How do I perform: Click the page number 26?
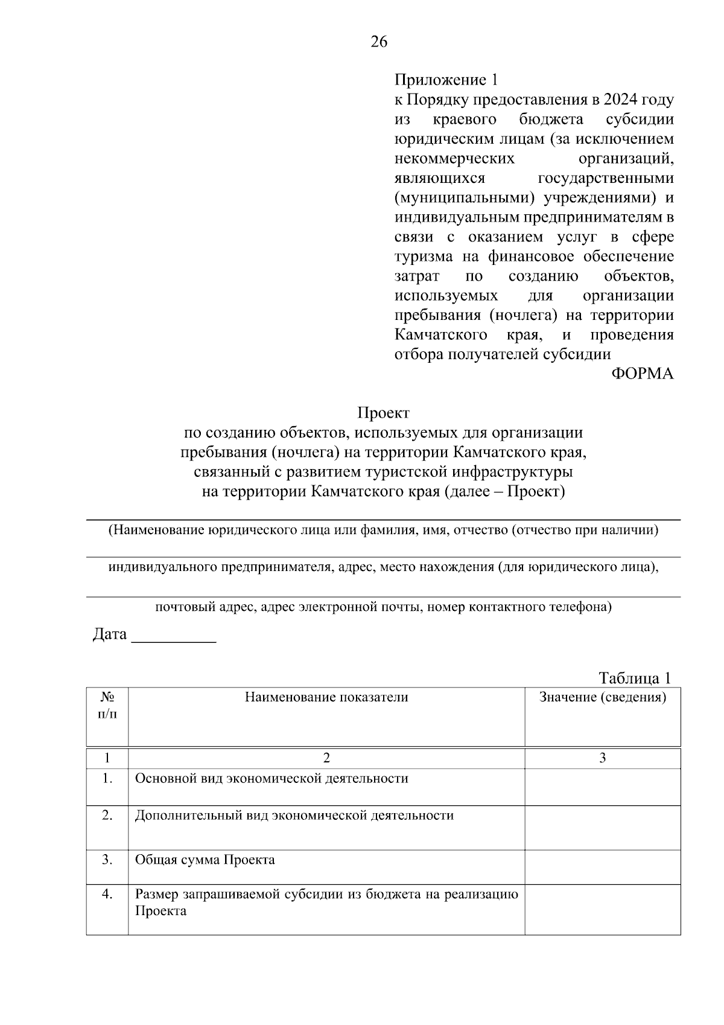click(x=379, y=42)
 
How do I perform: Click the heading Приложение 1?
click(x=446, y=80)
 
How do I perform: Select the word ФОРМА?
click(x=643, y=374)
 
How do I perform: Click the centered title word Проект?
click(x=383, y=414)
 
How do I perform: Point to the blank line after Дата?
click(x=174, y=639)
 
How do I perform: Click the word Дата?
click(x=110, y=634)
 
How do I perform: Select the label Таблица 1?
click(x=635, y=678)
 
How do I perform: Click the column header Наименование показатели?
click(x=326, y=697)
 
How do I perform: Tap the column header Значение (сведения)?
click(x=602, y=697)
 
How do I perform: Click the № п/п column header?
click(x=107, y=706)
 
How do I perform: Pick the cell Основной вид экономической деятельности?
click(x=271, y=779)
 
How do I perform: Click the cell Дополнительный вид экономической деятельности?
click(x=294, y=816)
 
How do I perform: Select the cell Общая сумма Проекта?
click(x=205, y=860)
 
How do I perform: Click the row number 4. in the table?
click(x=107, y=895)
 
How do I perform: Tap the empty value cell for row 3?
click(x=602, y=867)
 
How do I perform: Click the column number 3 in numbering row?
click(x=602, y=758)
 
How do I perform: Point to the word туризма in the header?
click(x=424, y=257)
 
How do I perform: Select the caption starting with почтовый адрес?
click(x=383, y=607)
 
